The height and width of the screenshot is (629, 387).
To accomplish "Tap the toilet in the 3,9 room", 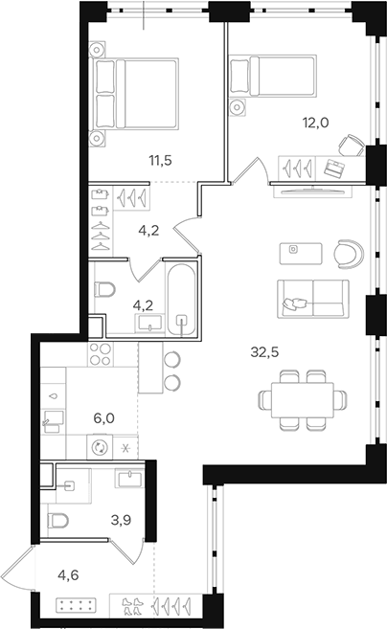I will click(x=62, y=522).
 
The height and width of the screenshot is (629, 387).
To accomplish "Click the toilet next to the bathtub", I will click(x=106, y=290).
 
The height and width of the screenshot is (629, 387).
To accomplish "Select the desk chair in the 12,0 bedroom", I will click(x=352, y=145).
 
